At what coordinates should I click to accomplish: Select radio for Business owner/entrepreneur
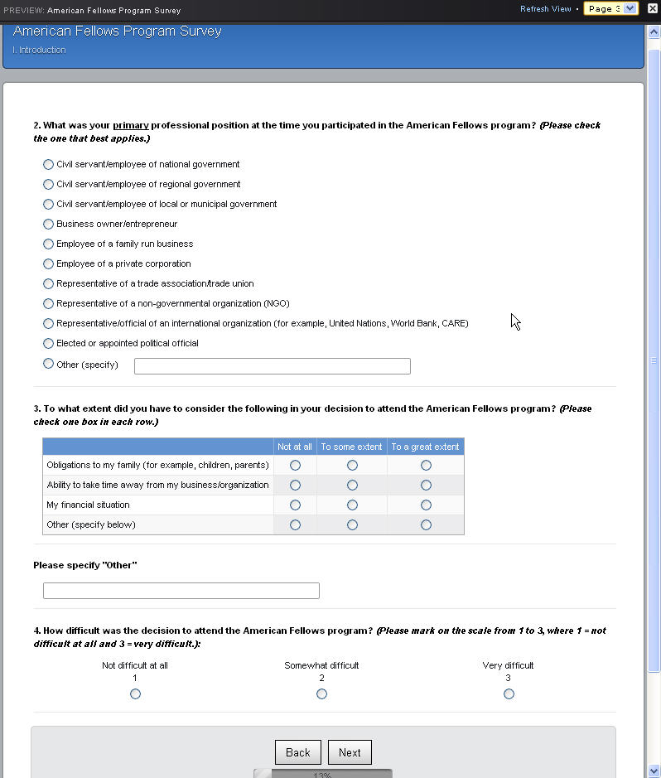pos(48,225)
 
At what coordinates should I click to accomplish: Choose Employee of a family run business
pos(48,244)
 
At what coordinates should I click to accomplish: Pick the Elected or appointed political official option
pos(48,344)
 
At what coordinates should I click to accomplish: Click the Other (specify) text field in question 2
pos(272,366)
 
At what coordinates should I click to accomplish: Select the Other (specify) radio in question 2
pos(48,364)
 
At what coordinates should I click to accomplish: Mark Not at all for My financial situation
pos(295,505)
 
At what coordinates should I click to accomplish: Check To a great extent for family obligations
pos(426,466)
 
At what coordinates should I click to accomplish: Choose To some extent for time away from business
pos(352,486)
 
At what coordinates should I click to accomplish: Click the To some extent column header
pos(351,447)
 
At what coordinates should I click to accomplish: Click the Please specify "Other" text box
pos(181,591)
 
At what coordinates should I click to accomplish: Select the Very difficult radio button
pos(509,694)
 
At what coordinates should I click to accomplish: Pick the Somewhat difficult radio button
pos(321,694)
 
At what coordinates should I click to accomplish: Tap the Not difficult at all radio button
pos(135,694)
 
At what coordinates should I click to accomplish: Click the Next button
pos(350,752)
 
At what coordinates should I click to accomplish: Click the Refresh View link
pos(545,9)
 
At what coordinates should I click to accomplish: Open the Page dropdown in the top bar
pos(610,9)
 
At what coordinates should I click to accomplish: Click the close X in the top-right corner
pos(652,9)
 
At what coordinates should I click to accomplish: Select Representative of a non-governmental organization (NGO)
pos(48,304)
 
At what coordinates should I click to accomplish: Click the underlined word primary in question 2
pos(131,126)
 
